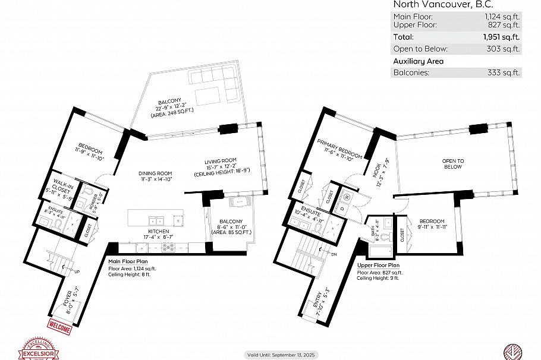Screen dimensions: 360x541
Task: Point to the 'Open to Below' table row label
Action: coord(420,49)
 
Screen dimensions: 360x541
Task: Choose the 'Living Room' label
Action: coord(221,161)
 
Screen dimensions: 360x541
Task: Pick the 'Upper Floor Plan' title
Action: coord(378,266)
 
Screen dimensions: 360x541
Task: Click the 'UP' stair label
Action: coord(77,272)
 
